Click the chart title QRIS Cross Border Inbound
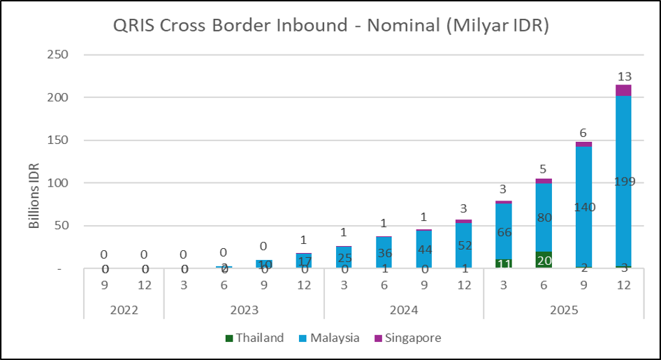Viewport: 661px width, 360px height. [330, 25]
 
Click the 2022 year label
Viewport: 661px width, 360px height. [124, 309]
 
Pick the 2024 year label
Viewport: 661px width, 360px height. [403, 309]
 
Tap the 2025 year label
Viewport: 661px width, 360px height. [563, 309]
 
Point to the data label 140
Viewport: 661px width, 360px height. [583, 207]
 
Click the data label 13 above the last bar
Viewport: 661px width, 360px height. [623, 75]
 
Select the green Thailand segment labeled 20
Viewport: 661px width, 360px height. [543, 260]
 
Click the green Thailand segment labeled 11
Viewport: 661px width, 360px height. [503, 264]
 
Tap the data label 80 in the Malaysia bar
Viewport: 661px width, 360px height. [543, 217]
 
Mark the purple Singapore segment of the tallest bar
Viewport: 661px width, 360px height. [623, 90]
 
